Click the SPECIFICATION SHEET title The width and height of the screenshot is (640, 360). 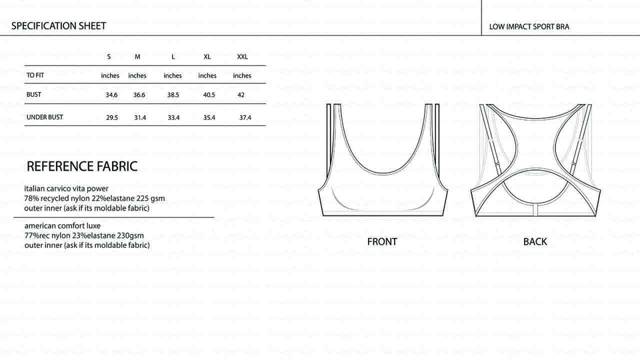point(59,26)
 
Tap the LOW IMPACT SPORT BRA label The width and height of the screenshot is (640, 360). point(529,27)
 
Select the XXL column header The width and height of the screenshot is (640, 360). point(243,57)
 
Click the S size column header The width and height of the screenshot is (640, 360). point(109,57)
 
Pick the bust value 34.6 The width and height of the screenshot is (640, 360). point(111,95)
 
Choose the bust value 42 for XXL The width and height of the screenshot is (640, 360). point(241,95)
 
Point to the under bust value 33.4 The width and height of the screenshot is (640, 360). point(173,117)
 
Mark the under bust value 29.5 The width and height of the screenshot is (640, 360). point(112,117)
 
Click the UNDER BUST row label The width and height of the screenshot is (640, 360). point(45,117)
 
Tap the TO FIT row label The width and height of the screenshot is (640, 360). point(35,75)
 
